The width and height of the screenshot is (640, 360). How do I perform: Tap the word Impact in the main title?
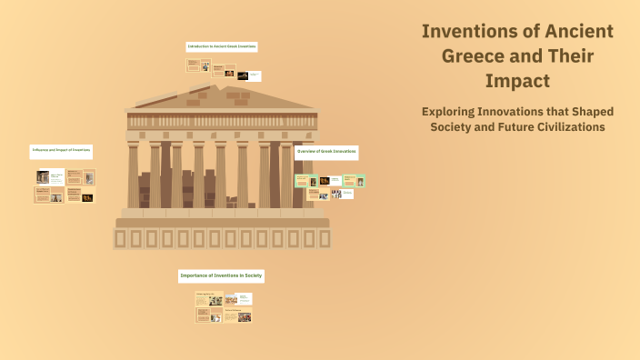[x=517, y=80]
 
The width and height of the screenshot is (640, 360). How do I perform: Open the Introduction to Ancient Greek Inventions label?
[x=222, y=46]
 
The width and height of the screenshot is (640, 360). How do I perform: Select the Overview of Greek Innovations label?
[x=326, y=152]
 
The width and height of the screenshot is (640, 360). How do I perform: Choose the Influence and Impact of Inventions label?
[x=62, y=149]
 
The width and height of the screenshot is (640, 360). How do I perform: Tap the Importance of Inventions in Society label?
[x=222, y=275]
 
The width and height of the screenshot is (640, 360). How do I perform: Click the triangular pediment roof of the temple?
[x=222, y=95]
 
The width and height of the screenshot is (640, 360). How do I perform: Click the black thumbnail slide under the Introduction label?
[x=243, y=75]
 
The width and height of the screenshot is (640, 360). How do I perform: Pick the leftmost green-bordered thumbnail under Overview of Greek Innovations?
[x=302, y=181]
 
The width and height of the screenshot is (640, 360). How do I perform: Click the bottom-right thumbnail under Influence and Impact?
[x=87, y=196]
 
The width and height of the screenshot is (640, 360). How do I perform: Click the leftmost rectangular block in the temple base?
[x=121, y=239]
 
